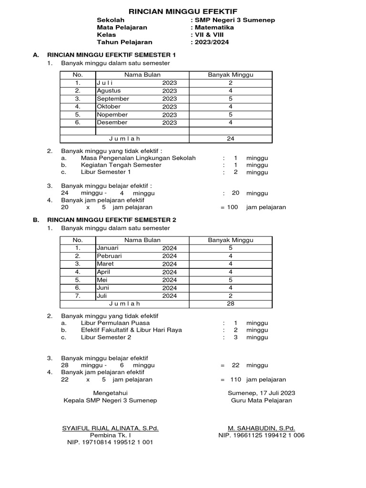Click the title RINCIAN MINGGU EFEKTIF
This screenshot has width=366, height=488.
pos(183,11)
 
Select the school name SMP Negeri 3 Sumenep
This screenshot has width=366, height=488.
pos(234,20)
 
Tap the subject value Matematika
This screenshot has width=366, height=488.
pos(213,27)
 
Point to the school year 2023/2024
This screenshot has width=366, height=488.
pos(211,42)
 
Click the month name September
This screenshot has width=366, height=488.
pos(113,99)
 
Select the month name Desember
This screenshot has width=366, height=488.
pos(112,122)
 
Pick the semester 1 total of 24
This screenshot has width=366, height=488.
pos(231,139)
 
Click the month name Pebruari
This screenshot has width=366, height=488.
pos(109,256)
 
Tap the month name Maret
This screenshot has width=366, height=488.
pos(105,264)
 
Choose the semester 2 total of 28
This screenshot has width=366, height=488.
pos(231,304)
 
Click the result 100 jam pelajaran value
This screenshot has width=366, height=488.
pos(232,207)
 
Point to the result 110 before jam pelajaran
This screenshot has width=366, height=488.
pos(236,380)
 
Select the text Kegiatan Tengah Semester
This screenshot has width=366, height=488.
pos(121,165)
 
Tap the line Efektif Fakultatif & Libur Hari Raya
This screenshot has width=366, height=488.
pos(132,330)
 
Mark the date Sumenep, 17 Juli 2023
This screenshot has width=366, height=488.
pos(261,393)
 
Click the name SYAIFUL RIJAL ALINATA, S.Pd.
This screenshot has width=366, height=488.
pos(110,428)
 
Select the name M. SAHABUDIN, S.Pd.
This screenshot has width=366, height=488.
pos(261,428)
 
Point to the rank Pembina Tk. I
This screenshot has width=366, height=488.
pos(110,435)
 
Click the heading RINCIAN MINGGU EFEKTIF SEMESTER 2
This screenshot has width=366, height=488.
pos(112,220)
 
